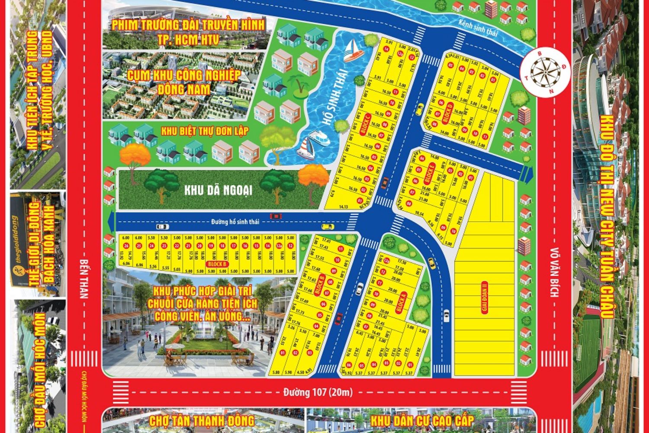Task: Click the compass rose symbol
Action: tap(542, 71)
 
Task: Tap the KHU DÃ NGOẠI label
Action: tap(218, 191)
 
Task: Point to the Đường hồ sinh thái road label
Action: tap(235, 222)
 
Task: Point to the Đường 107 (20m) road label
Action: tap(318, 393)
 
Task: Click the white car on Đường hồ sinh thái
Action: tap(163, 226)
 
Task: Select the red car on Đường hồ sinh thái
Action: tap(275, 216)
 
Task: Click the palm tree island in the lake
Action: tap(299, 85)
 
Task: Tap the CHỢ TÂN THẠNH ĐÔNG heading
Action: tap(202, 421)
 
